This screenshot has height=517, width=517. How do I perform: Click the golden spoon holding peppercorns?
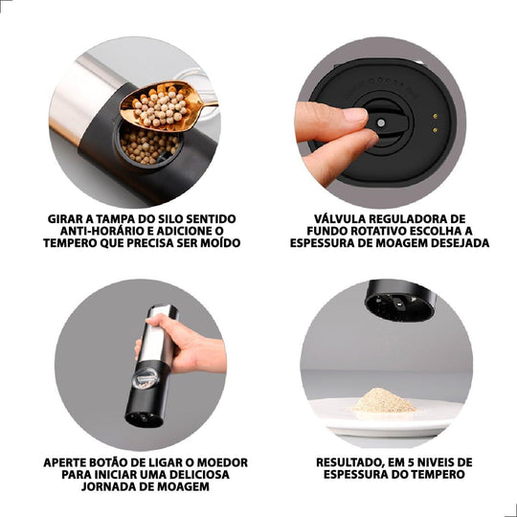[165, 106]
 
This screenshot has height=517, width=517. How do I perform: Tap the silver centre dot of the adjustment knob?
[381, 124]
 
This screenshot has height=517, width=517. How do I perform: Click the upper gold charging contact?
[436, 116]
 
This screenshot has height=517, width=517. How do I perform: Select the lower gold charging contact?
[436, 130]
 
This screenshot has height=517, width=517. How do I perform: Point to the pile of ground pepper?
[385, 401]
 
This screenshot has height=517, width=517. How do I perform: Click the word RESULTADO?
[348, 462]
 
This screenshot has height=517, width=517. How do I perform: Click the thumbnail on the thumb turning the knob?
[355, 114]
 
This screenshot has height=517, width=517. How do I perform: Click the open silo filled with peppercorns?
[149, 144]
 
